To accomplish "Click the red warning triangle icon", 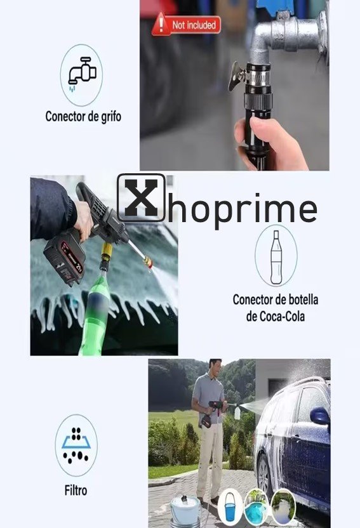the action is tap(161, 24).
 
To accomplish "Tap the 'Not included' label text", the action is tap(194, 25).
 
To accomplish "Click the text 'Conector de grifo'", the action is tap(83, 117).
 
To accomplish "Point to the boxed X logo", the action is tap(141, 197).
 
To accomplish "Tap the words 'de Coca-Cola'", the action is tap(275, 316).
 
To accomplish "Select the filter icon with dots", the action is tap(76, 445).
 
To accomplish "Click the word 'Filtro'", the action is tap(76, 491).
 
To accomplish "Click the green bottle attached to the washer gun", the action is tap(96, 313).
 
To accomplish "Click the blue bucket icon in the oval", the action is tap(230, 507).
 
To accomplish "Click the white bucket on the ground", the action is tap(185, 511).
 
